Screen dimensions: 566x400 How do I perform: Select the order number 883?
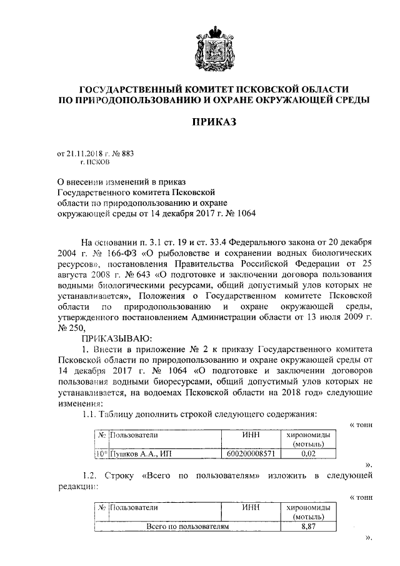pyautogui.click(x=127, y=153)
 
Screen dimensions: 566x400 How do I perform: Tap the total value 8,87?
pyautogui.click(x=306, y=527)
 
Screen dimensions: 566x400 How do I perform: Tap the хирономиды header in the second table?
pyautogui.click(x=306, y=508)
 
